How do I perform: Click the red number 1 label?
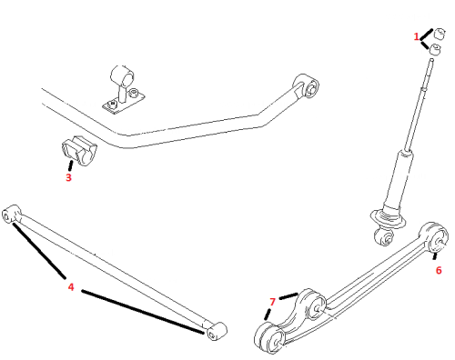pyautogui.click(x=417, y=36)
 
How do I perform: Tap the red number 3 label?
pyautogui.click(x=68, y=177)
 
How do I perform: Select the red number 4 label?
pyautogui.click(x=71, y=286)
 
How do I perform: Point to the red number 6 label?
pyautogui.click(x=439, y=270)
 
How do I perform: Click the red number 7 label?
pyautogui.click(x=272, y=302)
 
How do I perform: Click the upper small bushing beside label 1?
pyautogui.click(x=439, y=33)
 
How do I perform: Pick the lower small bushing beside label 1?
pyautogui.click(x=435, y=49)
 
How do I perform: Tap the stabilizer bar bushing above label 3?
pyautogui.click(x=79, y=151)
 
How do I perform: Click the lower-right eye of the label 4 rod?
pyautogui.click(x=216, y=331)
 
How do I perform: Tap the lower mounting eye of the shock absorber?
pyautogui.click(x=385, y=236)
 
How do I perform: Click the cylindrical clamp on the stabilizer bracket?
pyautogui.click(x=122, y=76)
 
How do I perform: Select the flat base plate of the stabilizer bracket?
pyautogui.click(x=124, y=103)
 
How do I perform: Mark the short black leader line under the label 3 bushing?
pyautogui.click(x=70, y=165)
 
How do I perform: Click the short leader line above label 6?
pyautogui.click(x=435, y=256)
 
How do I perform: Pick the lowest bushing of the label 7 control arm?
pyautogui.click(x=269, y=338)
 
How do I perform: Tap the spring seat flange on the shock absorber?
pyautogui.click(x=388, y=219)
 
